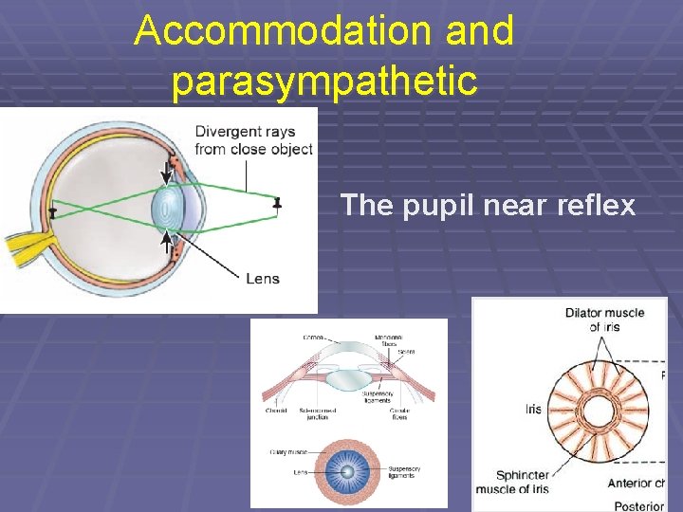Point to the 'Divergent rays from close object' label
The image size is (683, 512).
253,140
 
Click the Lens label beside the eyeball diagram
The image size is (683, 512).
262,279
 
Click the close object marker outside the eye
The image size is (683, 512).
277,203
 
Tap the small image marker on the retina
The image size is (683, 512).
52,210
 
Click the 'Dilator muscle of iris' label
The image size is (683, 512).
603,320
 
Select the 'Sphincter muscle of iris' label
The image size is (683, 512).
522,482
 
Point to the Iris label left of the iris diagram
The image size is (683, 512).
533,409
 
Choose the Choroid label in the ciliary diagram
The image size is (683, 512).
275,411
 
